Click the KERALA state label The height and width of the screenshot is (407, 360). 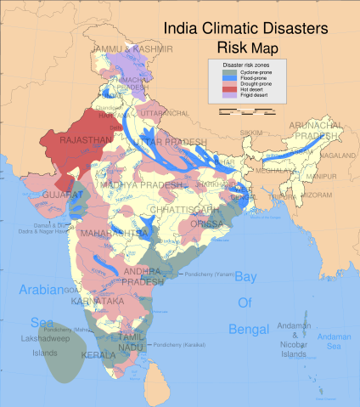[98, 354]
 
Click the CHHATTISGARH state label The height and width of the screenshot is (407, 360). [182, 208]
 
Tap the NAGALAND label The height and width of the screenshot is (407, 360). [339, 156]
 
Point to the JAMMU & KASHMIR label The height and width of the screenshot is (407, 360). [132, 50]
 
